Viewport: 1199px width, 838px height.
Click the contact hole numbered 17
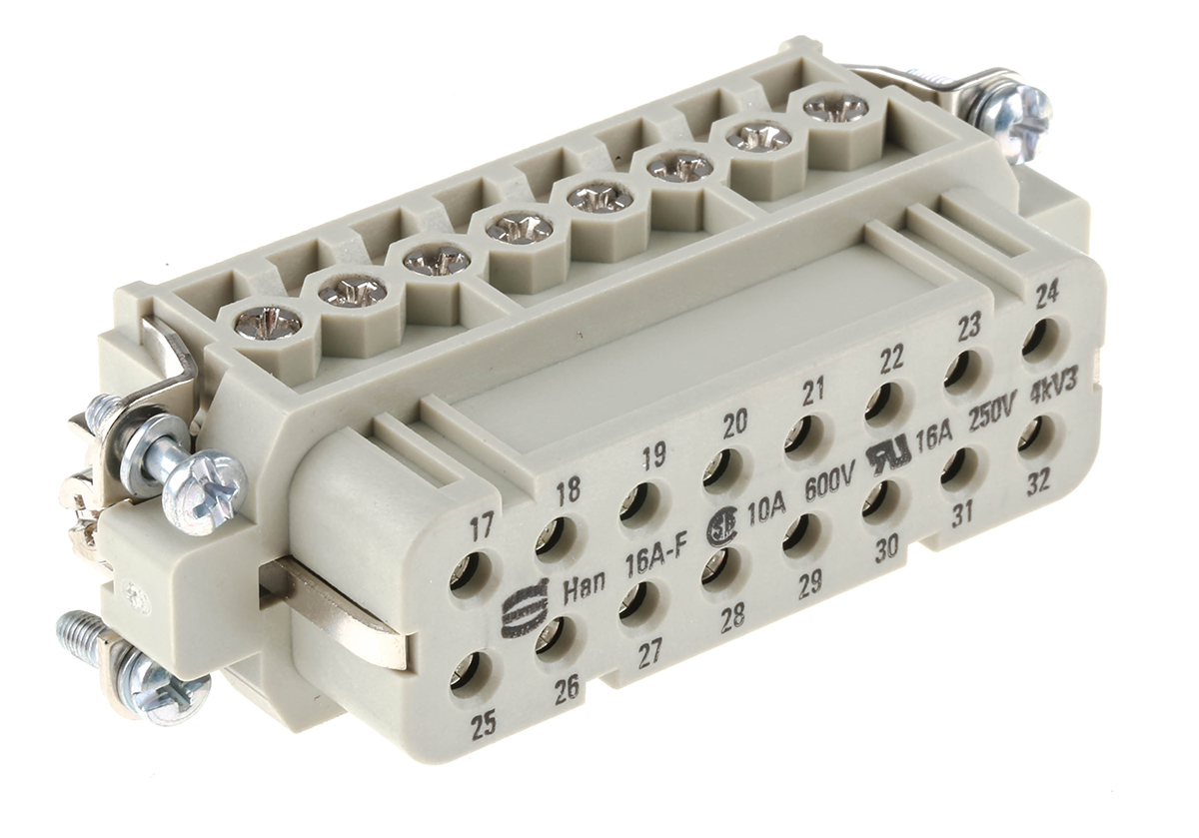[470, 575]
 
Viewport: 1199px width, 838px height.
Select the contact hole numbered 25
[470, 675]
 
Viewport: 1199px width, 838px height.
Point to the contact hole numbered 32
[1039, 436]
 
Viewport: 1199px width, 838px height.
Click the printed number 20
[734, 425]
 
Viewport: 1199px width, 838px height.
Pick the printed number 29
[808, 582]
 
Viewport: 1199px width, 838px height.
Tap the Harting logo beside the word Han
[517, 611]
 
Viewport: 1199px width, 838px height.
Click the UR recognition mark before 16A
[887, 453]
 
